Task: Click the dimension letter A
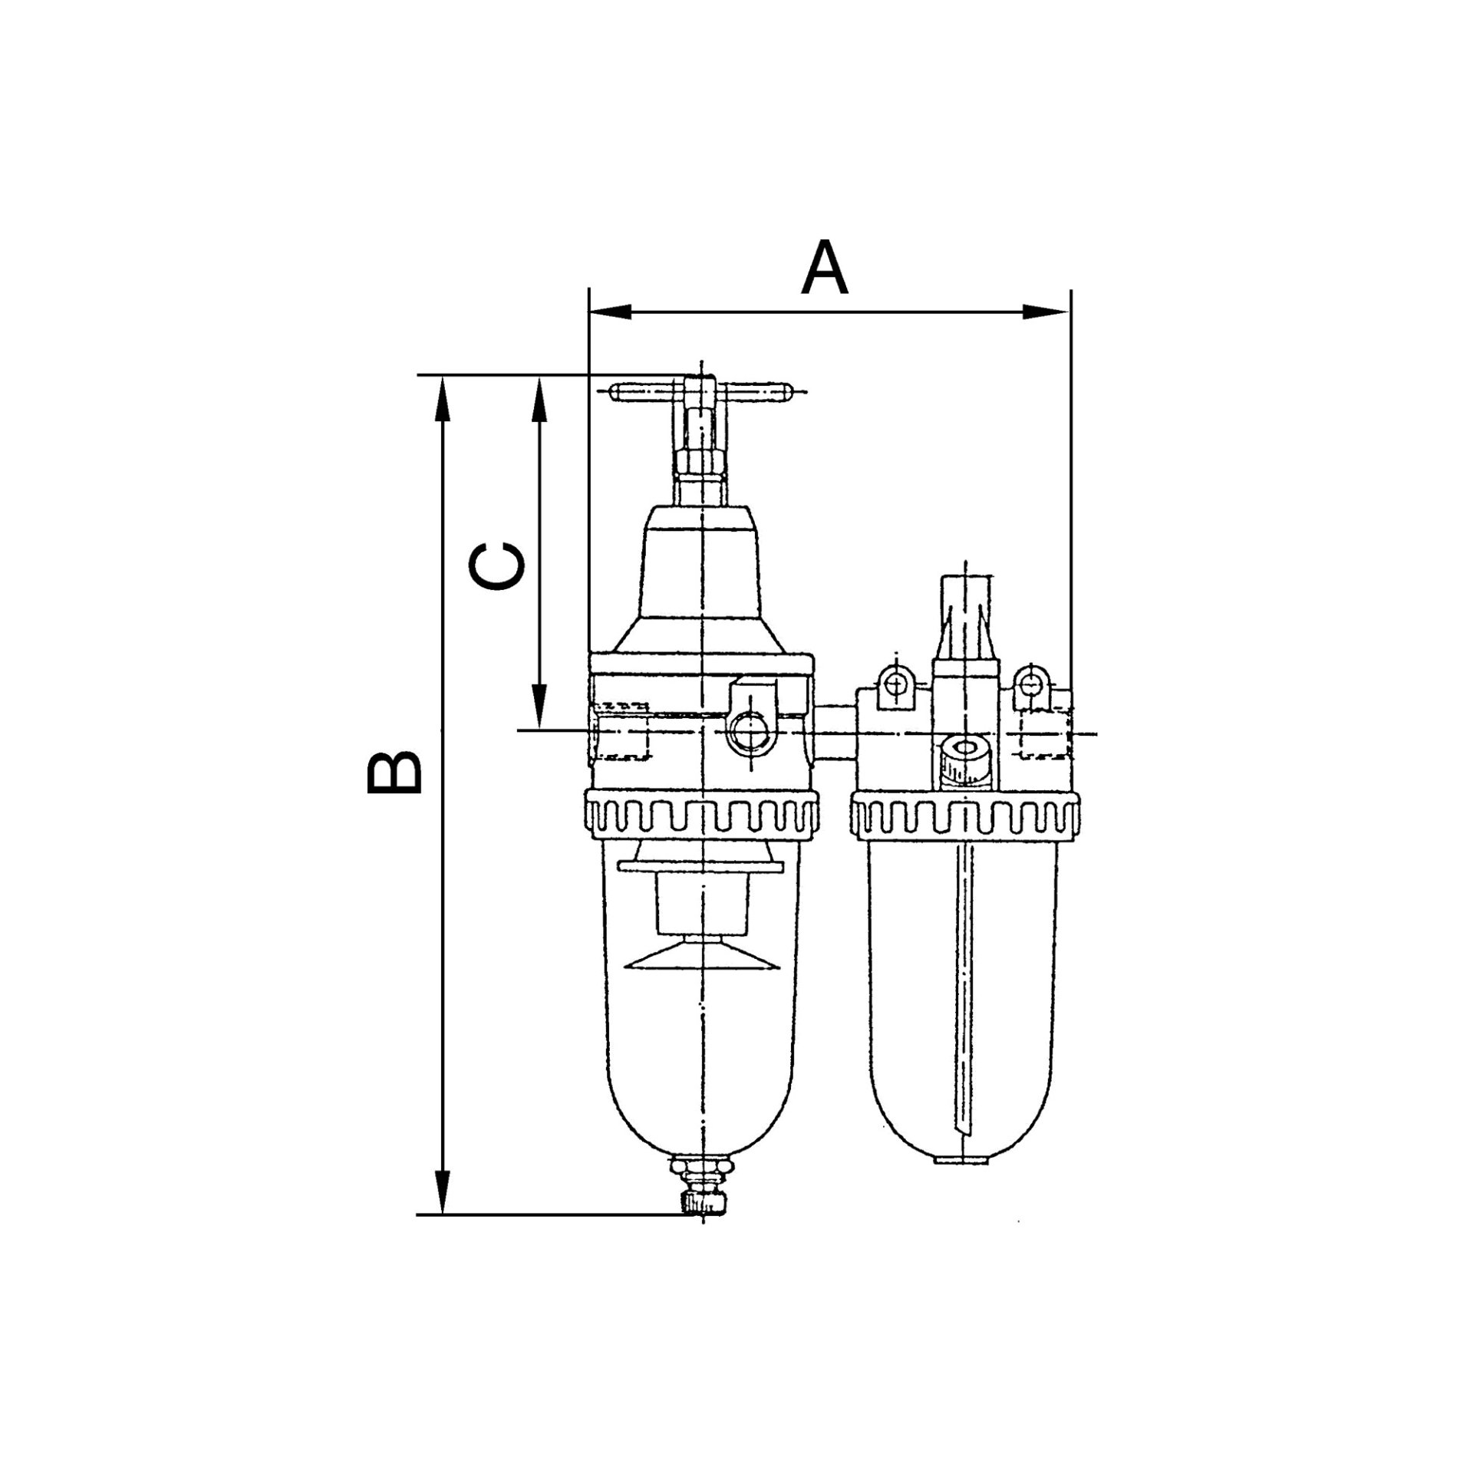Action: pos(825,268)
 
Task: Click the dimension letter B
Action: pos(394,772)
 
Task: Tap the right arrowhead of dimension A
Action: pos(1047,312)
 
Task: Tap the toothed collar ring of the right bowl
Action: pos(965,819)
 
